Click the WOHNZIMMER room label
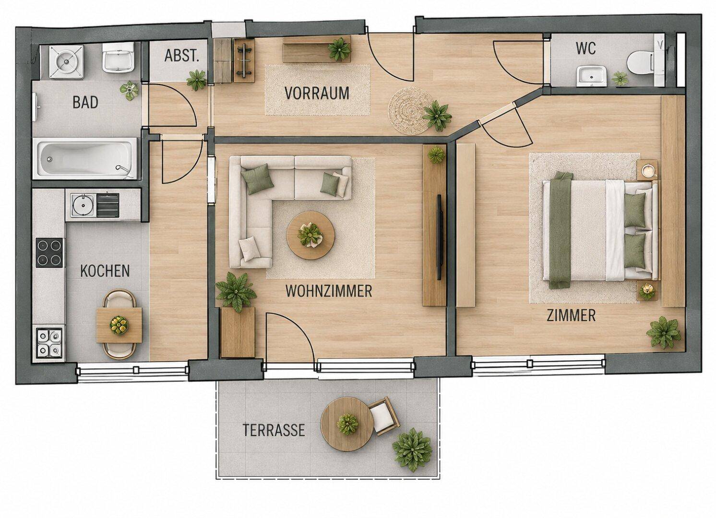[329, 291]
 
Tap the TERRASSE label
[274, 430]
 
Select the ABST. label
[182, 55]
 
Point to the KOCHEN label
[105, 271]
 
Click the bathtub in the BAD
[85, 158]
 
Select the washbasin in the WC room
[591, 76]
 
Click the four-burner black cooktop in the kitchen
[49, 252]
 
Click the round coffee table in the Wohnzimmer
[310, 235]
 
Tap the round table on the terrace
[346, 424]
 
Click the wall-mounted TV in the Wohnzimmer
[440, 237]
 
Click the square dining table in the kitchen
[119, 325]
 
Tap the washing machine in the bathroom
[66, 61]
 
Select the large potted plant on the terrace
[412, 449]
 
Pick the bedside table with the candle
[647, 170]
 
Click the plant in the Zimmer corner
[664, 332]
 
